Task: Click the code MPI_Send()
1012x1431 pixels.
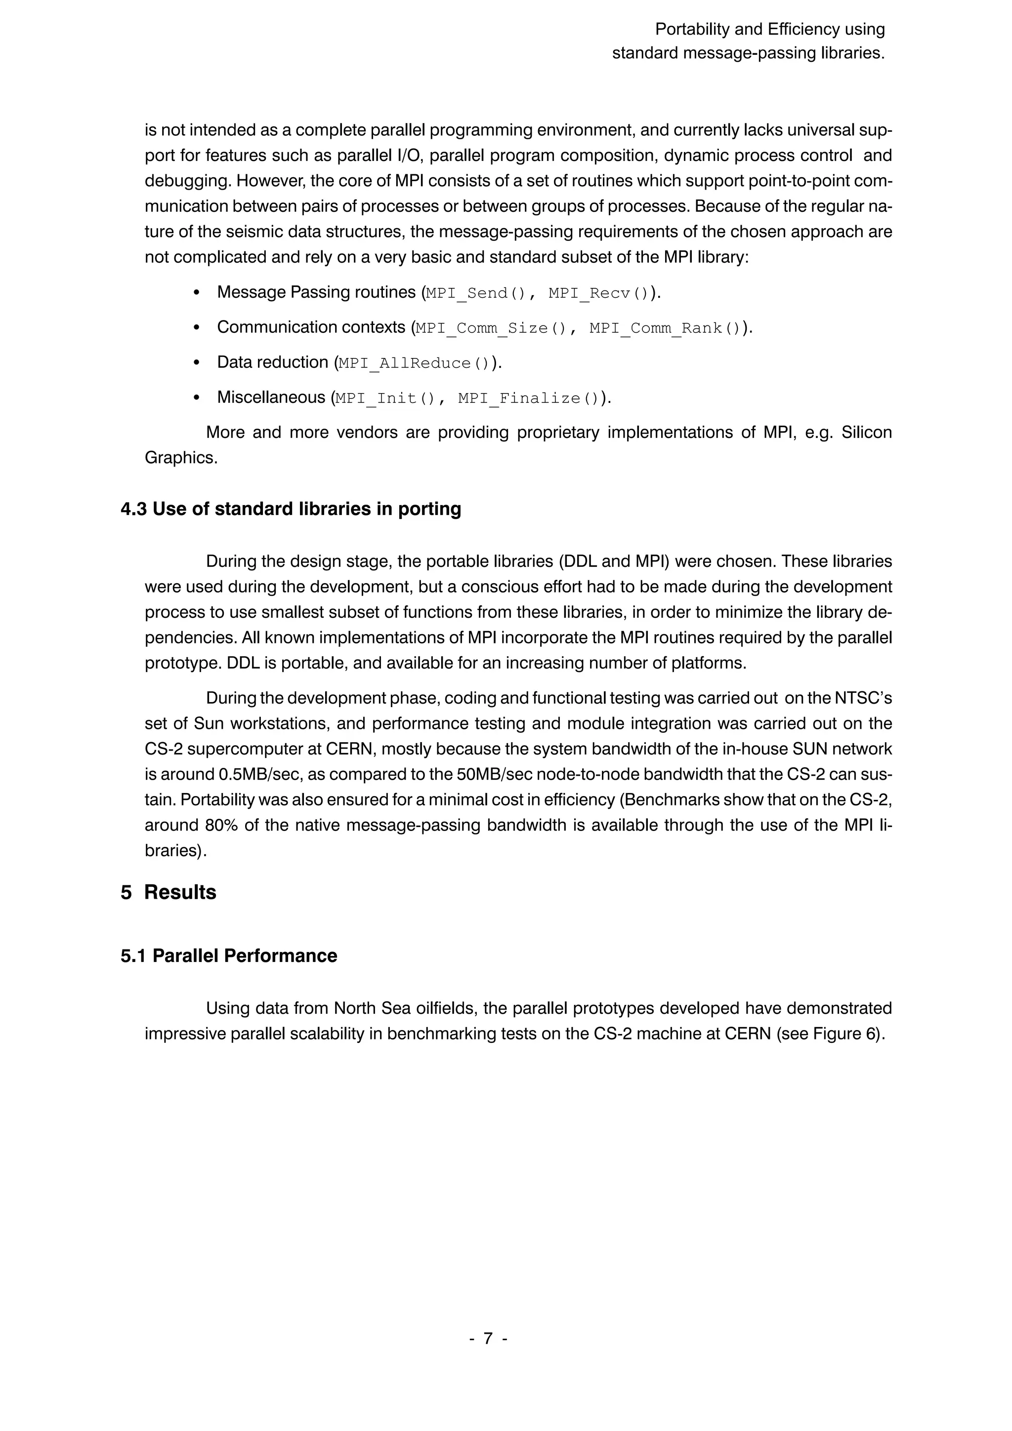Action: [476, 293]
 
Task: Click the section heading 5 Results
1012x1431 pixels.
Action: [169, 892]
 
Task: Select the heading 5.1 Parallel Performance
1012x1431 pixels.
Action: [229, 956]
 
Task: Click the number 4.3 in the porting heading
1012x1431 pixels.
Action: [133, 509]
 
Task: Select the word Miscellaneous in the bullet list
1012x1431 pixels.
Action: [271, 397]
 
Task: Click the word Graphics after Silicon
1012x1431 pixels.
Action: [181, 458]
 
